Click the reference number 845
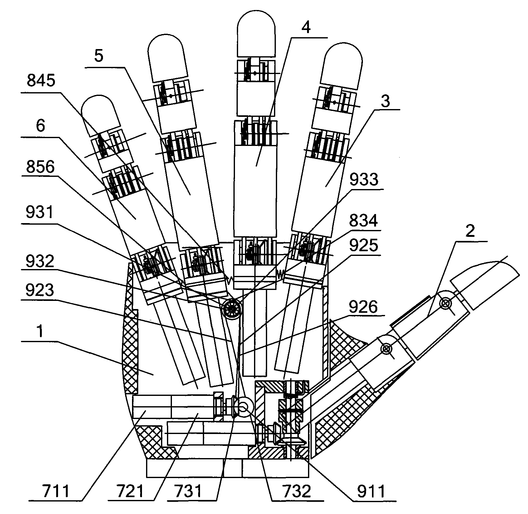click(x=41, y=81)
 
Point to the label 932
click(x=40, y=261)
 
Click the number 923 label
click(x=40, y=291)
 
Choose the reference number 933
click(x=364, y=180)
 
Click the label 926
click(x=363, y=307)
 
